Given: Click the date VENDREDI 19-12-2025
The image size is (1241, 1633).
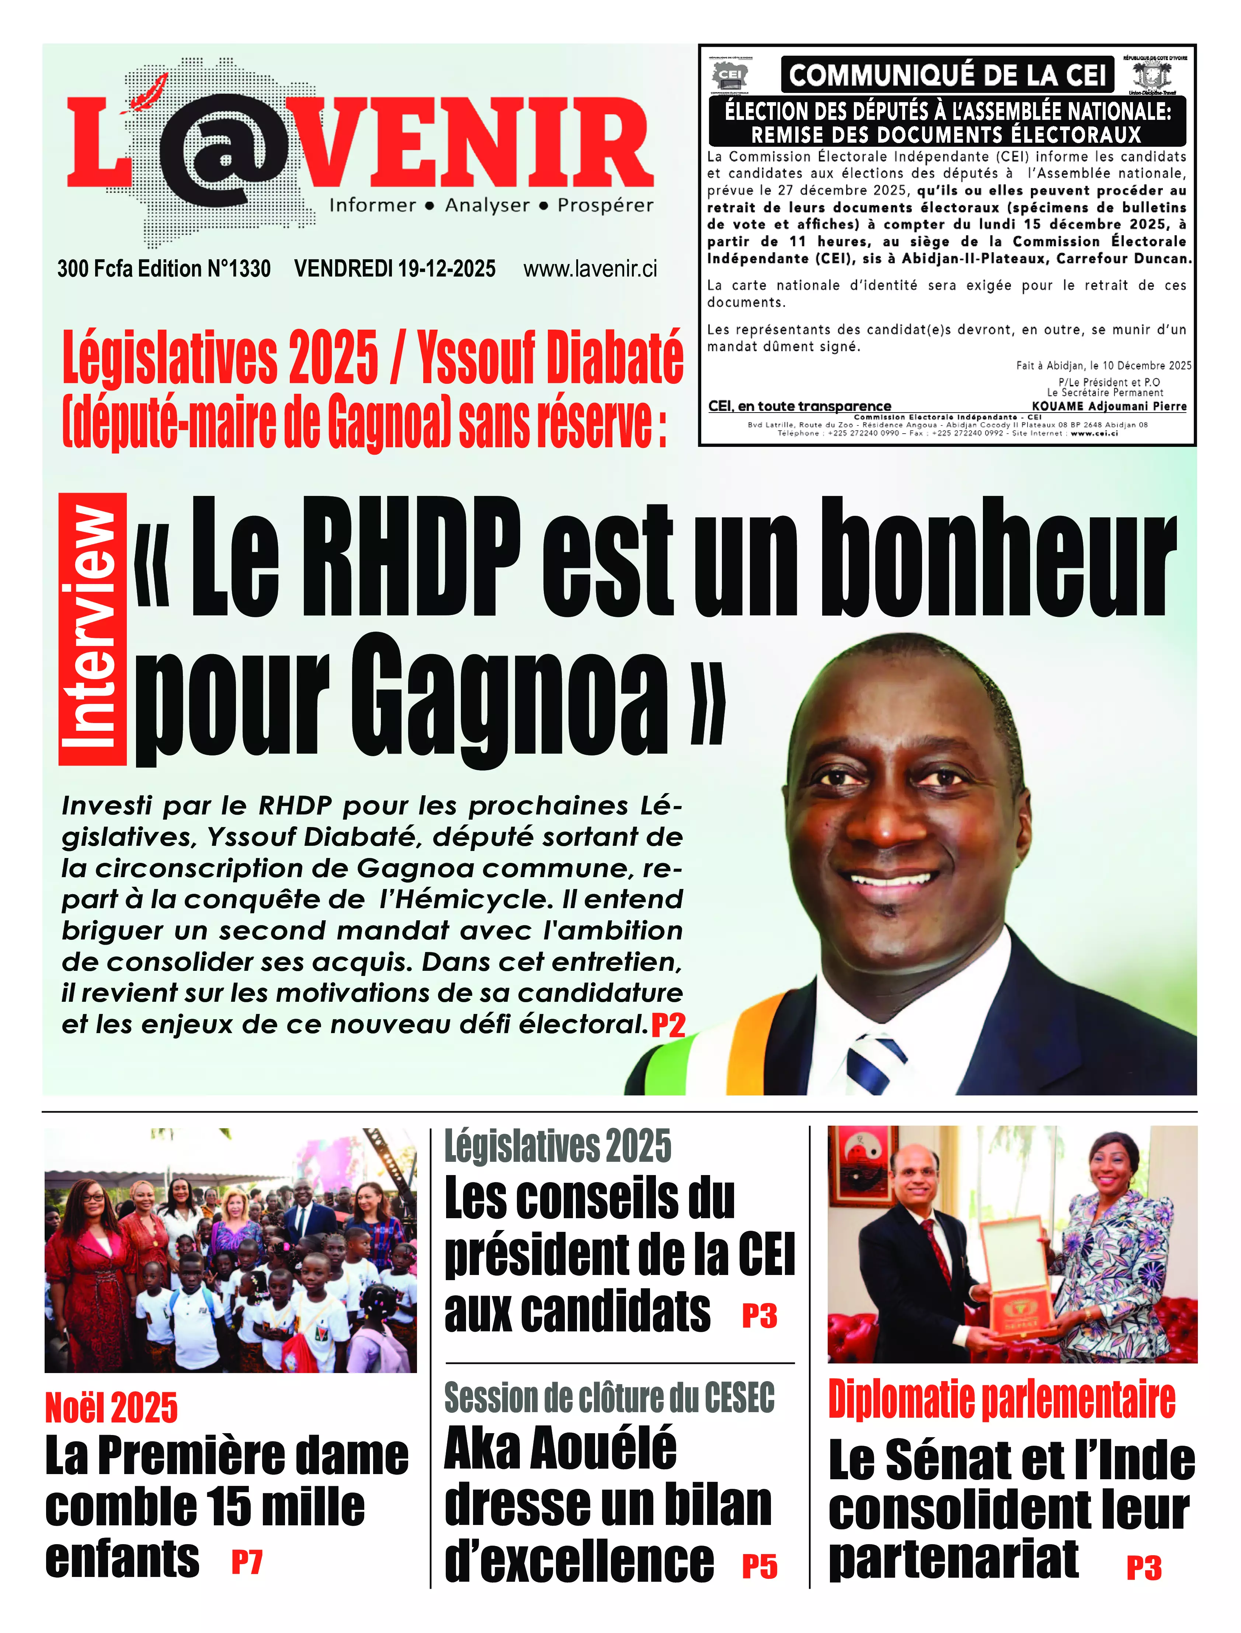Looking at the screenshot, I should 394,269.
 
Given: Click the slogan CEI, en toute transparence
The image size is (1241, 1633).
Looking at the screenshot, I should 799,406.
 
